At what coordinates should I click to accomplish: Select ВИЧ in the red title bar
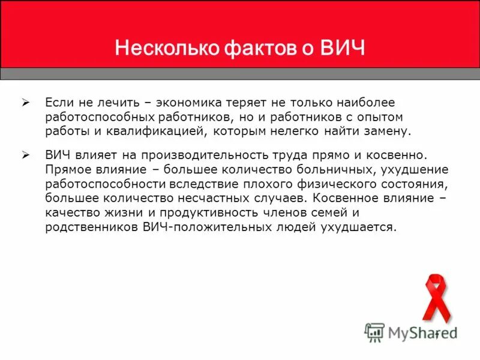pyautogui.click(x=342, y=47)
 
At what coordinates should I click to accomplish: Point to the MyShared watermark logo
pyautogui.click(x=410, y=332)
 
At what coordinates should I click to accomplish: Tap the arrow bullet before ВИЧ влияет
pyautogui.click(x=26, y=154)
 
